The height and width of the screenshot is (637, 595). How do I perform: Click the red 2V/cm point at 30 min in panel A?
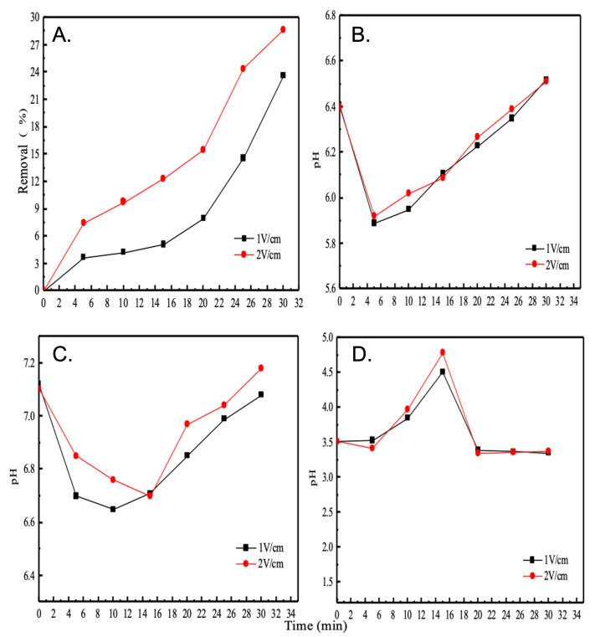(x=283, y=29)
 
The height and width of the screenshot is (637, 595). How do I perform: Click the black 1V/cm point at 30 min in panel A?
(x=283, y=75)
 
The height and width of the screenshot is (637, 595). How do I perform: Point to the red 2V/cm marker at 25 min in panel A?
(x=243, y=69)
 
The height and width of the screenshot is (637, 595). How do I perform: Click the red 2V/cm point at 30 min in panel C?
(x=261, y=367)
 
